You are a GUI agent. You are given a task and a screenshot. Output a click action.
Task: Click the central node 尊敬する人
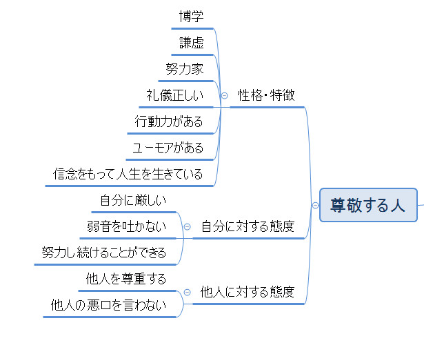(368, 205)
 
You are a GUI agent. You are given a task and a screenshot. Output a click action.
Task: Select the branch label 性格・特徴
(266, 95)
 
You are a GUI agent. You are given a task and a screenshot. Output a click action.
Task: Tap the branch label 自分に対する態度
(248, 226)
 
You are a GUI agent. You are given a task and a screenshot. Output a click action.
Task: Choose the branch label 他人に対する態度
(248, 292)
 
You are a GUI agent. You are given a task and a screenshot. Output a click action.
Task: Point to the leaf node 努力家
(185, 69)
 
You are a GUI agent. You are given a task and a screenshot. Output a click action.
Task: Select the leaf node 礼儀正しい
(175, 95)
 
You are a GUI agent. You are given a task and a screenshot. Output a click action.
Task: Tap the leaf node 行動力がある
(170, 121)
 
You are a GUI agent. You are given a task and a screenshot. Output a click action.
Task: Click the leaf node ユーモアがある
(168, 148)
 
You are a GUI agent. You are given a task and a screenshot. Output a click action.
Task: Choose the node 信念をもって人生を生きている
(128, 174)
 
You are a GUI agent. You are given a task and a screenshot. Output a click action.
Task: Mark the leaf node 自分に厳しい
(133, 200)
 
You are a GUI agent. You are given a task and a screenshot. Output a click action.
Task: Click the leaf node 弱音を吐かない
(126, 226)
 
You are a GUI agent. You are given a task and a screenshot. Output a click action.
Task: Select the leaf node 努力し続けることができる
(104, 253)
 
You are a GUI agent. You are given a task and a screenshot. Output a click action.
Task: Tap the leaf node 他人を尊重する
(126, 279)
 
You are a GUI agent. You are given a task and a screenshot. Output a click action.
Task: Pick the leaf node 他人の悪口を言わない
(109, 305)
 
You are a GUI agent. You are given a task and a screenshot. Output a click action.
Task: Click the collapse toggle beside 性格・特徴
(224, 95)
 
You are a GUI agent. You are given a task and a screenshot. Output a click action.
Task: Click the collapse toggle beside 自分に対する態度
(187, 226)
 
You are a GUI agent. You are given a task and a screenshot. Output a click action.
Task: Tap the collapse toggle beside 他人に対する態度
(187, 292)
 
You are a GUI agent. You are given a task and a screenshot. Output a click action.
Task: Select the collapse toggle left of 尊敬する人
(315, 205)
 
